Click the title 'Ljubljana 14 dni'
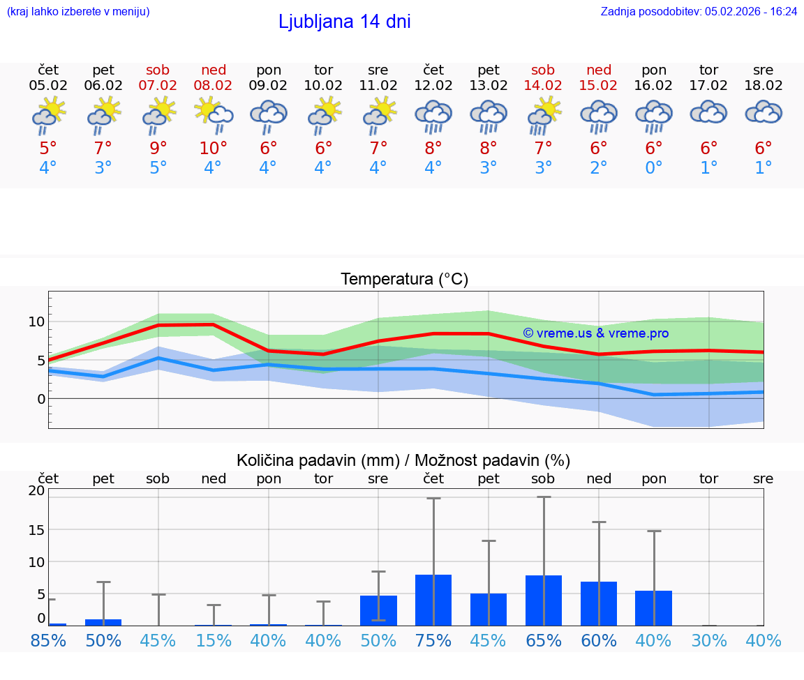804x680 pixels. (x=344, y=22)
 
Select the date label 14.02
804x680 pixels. (x=543, y=86)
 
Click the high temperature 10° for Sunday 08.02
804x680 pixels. (x=214, y=148)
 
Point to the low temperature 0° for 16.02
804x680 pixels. (x=653, y=167)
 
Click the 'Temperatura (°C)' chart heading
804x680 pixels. (x=404, y=279)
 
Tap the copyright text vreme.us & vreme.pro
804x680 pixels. (x=595, y=333)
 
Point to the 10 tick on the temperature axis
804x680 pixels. (x=36, y=322)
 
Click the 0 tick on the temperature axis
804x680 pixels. (x=41, y=399)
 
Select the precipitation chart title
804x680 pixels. (x=403, y=460)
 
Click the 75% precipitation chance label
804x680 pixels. (x=433, y=640)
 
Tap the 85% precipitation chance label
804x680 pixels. (x=48, y=640)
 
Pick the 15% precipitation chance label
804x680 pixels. (x=214, y=640)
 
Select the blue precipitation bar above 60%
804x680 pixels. (x=599, y=603)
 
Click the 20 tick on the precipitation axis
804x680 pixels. (x=36, y=490)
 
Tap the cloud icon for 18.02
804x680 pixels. (x=764, y=112)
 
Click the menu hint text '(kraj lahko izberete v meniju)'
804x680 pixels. (x=77, y=11)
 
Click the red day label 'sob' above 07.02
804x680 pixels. (x=158, y=70)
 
